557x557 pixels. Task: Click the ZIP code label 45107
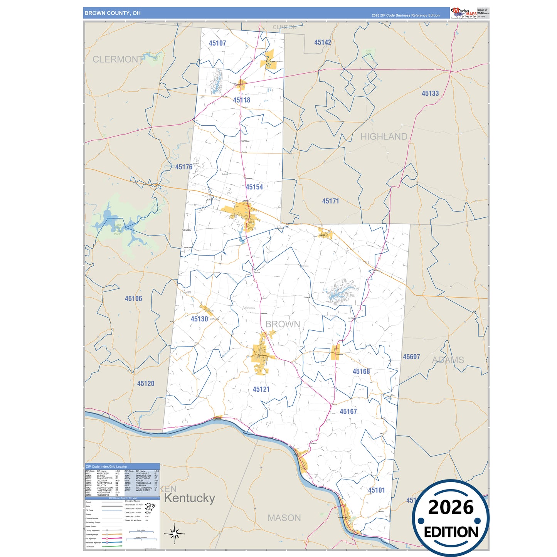[217, 43]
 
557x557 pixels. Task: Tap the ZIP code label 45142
[323, 42]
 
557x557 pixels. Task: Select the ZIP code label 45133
[430, 93]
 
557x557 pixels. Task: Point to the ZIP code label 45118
[242, 100]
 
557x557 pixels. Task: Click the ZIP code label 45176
[184, 167]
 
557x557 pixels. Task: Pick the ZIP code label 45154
[254, 187]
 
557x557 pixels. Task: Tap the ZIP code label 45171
[331, 201]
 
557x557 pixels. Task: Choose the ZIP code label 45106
[133, 299]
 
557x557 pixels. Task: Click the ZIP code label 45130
[199, 319]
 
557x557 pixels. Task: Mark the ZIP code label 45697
[411, 357]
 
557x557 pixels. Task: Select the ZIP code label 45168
[361, 372]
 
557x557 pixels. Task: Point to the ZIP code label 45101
[377, 490]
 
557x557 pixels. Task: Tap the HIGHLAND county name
[384, 136]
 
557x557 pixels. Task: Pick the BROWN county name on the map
[283, 324]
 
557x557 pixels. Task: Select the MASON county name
[284, 518]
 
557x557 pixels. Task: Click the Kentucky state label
[190, 498]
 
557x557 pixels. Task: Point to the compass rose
[175, 534]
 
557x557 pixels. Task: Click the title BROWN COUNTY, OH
[113, 13]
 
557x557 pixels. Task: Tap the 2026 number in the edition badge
[451, 507]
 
